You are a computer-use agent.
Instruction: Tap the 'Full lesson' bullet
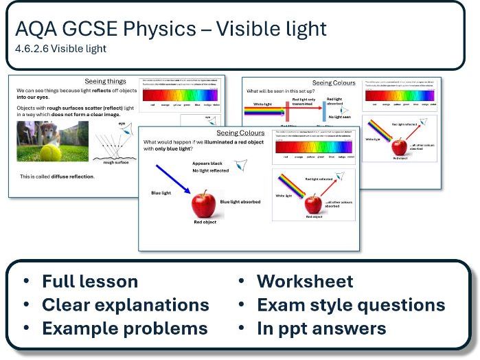89,282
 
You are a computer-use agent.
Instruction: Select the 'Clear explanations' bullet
125,305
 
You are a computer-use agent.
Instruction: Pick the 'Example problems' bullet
124,328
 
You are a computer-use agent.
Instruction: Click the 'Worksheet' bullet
305,282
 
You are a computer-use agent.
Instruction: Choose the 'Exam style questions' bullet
350,305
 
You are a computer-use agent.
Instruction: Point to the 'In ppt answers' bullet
321,328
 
